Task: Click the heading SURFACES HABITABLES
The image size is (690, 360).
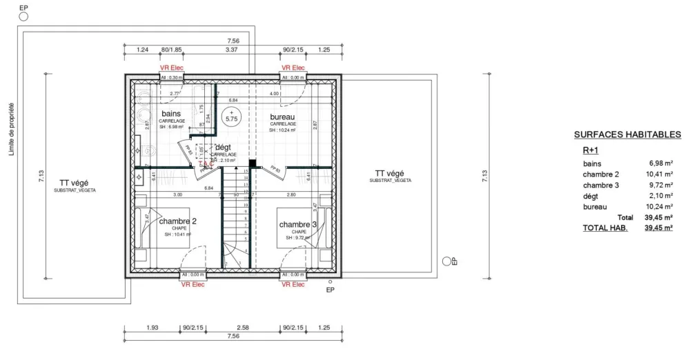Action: point(627,135)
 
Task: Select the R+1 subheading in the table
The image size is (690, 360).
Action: point(591,150)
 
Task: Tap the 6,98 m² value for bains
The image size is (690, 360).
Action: point(660,163)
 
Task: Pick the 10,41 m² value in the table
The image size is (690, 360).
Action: point(659,174)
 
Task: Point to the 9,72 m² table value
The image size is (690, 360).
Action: point(660,186)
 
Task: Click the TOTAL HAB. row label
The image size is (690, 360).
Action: point(605,228)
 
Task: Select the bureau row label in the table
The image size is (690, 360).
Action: point(594,206)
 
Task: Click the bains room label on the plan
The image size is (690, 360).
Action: point(171,113)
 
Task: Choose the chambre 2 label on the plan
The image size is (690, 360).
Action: point(178,221)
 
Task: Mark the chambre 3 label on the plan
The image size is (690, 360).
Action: point(298,225)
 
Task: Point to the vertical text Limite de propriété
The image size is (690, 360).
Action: point(12,130)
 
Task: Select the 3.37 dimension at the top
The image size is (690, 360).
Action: point(232,50)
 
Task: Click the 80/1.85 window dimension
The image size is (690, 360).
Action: point(171,50)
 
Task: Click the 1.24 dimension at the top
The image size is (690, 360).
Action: point(143,50)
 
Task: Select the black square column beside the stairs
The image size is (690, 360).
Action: point(253,164)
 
